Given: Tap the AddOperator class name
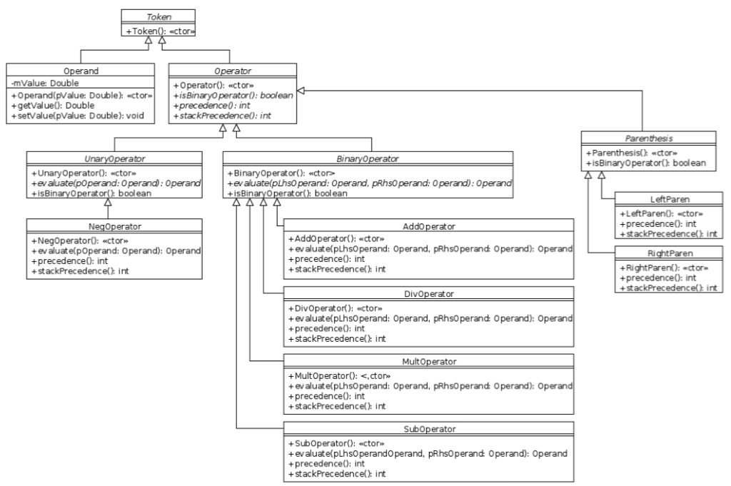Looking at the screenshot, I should (x=429, y=226).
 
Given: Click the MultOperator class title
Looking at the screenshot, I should (x=429, y=362).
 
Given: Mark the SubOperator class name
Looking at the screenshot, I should (x=429, y=429).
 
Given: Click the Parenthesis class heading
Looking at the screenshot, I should (x=648, y=138).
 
